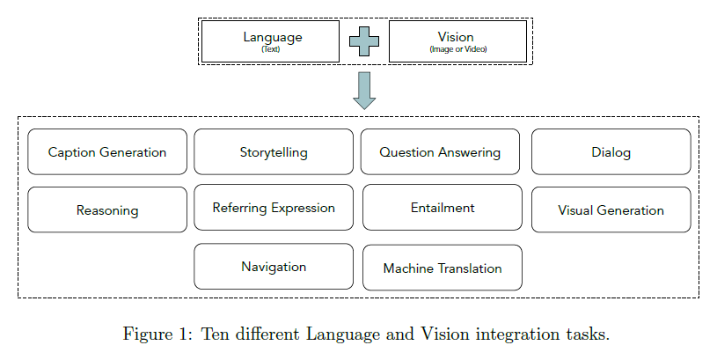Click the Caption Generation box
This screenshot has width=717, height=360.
tap(107, 152)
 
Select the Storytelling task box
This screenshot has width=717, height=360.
tap(274, 152)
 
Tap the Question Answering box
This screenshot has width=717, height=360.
tap(440, 152)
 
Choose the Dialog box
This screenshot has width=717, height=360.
tap(611, 152)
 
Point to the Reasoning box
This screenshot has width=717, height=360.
tap(107, 210)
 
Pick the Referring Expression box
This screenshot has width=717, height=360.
tap(274, 208)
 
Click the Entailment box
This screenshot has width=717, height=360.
tap(443, 208)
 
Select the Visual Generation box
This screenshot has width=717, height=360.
tap(611, 210)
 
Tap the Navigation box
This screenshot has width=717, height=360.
tap(274, 267)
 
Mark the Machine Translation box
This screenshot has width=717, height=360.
tap(443, 268)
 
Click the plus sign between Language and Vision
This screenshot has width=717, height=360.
tap(364, 41)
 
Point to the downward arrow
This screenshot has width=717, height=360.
tap(364, 91)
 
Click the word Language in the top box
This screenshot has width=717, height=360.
tap(273, 37)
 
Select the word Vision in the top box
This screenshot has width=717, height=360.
tap(456, 37)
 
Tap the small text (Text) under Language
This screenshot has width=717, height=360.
tap(270, 49)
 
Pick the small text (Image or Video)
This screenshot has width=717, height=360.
tap(457, 49)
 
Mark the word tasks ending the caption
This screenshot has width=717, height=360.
tap(589, 334)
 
